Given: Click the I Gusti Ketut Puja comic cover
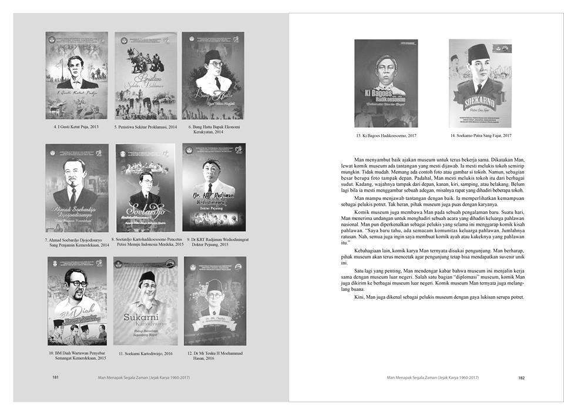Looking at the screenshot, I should (x=76, y=75).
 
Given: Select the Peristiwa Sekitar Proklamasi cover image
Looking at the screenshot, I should (x=145, y=75).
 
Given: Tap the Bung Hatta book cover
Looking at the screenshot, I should (x=213, y=75).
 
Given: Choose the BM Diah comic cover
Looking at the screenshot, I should (x=76, y=300).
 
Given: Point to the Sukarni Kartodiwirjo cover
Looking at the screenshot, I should (x=145, y=300).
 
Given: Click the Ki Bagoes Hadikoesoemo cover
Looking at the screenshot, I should (x=386, y=83).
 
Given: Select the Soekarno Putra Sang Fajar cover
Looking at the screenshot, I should (x=480, y=83).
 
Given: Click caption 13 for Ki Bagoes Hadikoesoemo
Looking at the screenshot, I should (x=387, y=136).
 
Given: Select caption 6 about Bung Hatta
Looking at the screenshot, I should (x=214, y=130).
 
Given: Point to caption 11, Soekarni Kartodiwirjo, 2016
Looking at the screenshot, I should (x=145, y=354).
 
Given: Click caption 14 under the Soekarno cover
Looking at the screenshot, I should (x=481, y=136).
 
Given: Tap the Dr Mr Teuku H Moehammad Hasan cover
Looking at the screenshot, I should (x=214, y=300).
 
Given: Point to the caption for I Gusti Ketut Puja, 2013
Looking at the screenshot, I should (x=76, y=126).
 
